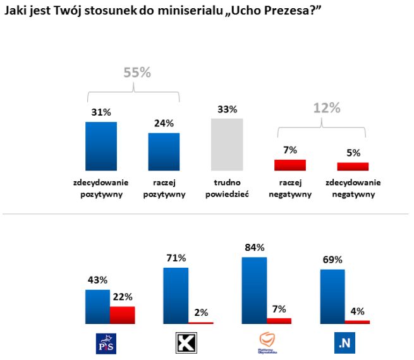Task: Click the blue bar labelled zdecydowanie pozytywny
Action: coord(100,146)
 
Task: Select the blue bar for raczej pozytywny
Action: coord(164,152)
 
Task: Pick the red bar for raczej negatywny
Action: coord(289,165)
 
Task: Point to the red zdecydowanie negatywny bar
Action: coord(352,167)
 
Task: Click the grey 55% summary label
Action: coord(137,73)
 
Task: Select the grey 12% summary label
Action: coord(327,107)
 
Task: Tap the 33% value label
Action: coord(227,109)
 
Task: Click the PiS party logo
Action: coord(103,344)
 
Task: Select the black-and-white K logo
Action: coord(183,344)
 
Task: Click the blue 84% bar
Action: coord(254,290)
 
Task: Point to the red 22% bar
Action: coord(123,315)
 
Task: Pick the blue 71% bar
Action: coord(176,295)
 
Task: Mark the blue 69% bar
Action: coord(332,296)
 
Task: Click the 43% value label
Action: coord(97,280)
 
